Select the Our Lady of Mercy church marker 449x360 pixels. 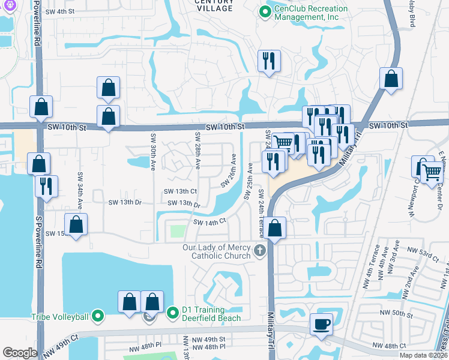tap(260, 250)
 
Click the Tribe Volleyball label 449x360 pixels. tap(59, 317)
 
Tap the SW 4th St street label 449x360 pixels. tap(63, 11)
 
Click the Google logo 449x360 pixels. tap(20, 352)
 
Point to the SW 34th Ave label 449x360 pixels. tap(79, 186)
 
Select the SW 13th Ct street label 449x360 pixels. tap(181, 191)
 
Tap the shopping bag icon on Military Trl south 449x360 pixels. tap(275, 228)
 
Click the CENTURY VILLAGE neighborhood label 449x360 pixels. tap(214, 6)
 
